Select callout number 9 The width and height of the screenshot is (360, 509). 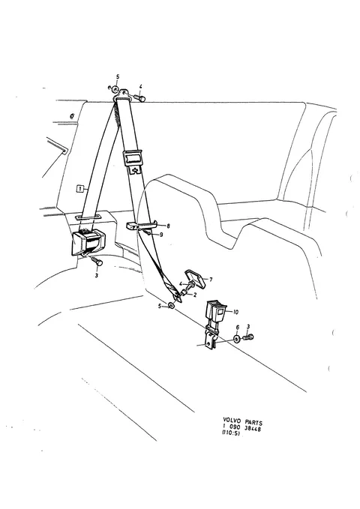pyautogui.click(x=161, y=235)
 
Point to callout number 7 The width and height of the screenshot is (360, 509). pyautogui.click(x=211, y=279)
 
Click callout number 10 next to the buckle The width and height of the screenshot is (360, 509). pyautogui.click(x=235, y=312)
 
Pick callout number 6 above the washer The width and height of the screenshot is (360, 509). pyautogui.click(x=237, y=328)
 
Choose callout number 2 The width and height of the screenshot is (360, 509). pyautogui.click(x=195, y=295)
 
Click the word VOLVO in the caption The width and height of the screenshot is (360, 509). pyautogui.click(x=232, y=420)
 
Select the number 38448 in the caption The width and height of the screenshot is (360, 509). pyautogui.click(x=252, y=429)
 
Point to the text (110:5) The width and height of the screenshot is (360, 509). pyautogui.click(x=231, y=433)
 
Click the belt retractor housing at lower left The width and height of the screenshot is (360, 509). pyautogui.click(x=88, y=242)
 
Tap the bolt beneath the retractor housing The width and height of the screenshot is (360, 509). pyautogui.click(x=96, y=261)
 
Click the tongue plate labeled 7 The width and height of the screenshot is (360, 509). pyautogui.click(x=196, y=278)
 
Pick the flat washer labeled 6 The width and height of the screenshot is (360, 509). pyautogui.click(x=237, y=340)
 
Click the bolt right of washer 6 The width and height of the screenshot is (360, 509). pyautogui.click(x=248, y=337)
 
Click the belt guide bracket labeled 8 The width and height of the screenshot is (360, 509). pyautogui.click(x=142, y=225)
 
